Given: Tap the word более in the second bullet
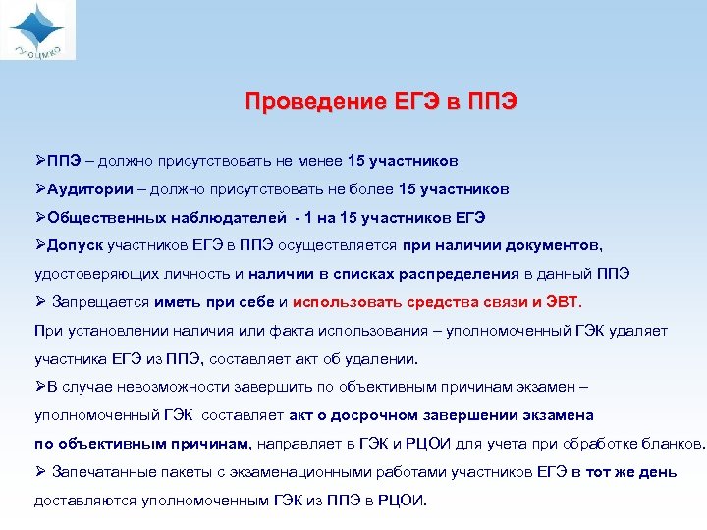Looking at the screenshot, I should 374,188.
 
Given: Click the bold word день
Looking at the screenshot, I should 656,472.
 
